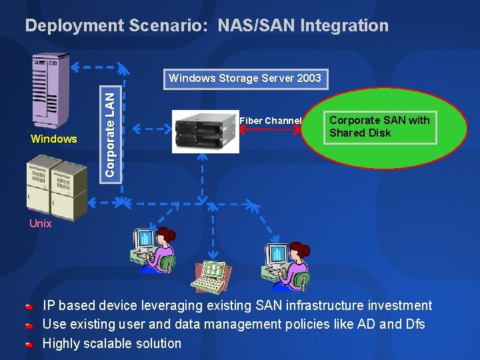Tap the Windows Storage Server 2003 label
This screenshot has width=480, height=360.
pyautogui.click(x=245, y=78)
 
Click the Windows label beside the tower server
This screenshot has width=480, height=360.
pyautogui.click(x=54, y=139)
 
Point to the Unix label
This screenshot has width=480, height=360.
pyautogui.click(x=41, y=224)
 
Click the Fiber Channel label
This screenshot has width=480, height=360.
pyautogui.click(x=270, y=121)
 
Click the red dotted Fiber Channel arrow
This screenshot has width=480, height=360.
pyautogui.click(x=271, y=131)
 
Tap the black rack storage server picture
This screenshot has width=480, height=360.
pyautogui.click(x=205, y=131)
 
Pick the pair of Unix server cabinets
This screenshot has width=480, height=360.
pyautogui.click(x=57, y=188)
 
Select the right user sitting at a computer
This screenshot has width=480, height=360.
pyautogui.click(x=286, y=260)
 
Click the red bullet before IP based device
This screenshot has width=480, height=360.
pyautogui.click(x=29, y=307)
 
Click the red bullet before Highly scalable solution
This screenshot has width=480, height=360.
pyautogui.click(x=29, y=345)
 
